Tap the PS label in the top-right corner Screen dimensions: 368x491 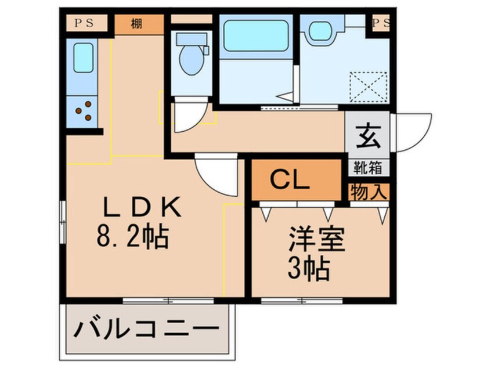coord(381,24)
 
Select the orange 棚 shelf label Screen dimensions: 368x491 coord(138,24)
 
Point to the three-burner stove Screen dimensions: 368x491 coord(83,110)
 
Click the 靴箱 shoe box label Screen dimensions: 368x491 coord(368,168)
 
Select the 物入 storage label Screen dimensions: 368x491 coord(368,192)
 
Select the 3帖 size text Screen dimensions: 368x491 coord(310,268)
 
